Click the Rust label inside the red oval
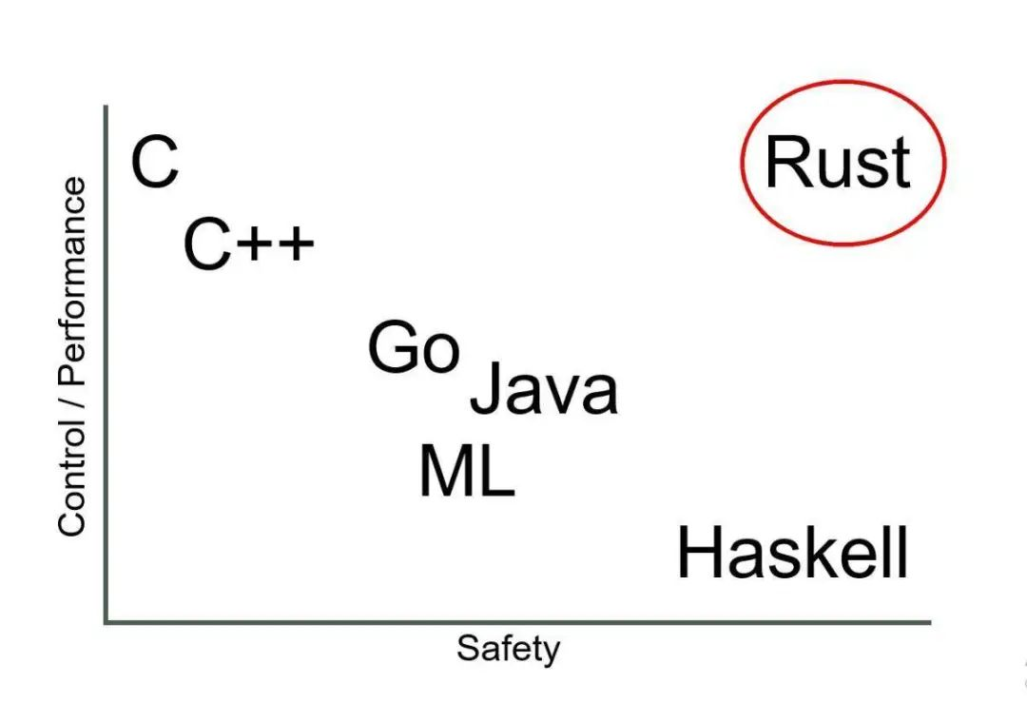838,163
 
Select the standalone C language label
154,163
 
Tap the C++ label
248,244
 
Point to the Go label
414,348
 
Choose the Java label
544,389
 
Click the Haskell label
792,555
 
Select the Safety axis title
508,649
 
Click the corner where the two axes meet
107,622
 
